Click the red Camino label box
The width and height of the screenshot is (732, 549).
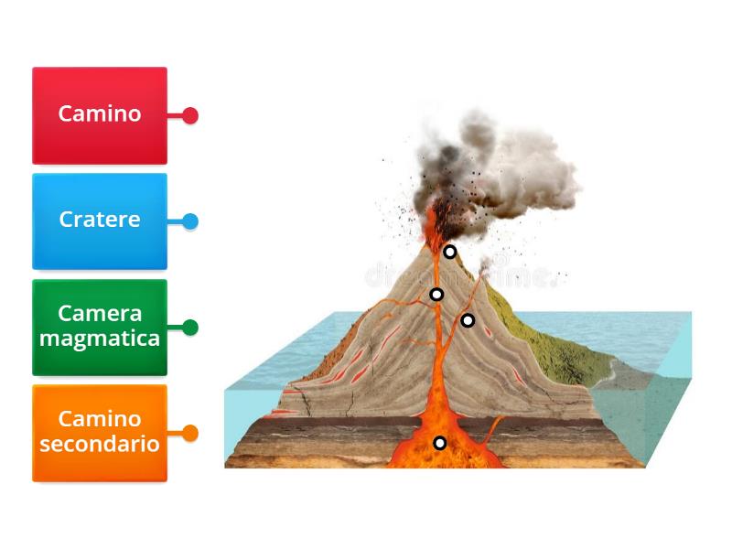pyautogui.click(x=100, y=115)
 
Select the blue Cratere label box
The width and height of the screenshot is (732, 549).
pyautogui.click(x=100, y=221)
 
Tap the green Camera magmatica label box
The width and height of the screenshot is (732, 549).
pyautogui.click(x=100, y=327)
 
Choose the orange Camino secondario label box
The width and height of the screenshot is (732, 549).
pyautogui.click(x=100, y=433)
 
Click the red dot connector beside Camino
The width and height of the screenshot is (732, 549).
pyautogui.click(x=190, y=115)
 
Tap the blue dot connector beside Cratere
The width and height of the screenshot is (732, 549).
pyautogui.click(x=190, y=221)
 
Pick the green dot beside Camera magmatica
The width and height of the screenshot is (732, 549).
pyautogui.click(x=190, y=327)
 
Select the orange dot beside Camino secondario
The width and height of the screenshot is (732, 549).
pyautogui.click(x=190, y=433)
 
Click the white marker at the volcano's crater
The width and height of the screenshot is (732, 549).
pyautogui.click(x=450, y=252)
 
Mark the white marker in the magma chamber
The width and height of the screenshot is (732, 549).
pyautogui.click(x=440, y=443)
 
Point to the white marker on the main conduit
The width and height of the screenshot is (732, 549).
pyautogui.click(x=437, y=295)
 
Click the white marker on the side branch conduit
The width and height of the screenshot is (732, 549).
pyautogui.click(x=468, y=320)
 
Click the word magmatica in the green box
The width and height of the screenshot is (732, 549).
pyautogui.click(x=100, y=339)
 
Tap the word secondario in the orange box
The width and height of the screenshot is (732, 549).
pyautogui.click(x=100, y=445)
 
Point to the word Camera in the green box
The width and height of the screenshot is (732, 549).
pyautogui.click(x=100, y=314)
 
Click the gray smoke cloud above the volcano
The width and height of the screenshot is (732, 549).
pyautogui.click(x=512, y=165)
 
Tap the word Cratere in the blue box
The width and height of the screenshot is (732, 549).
pyautogui.click(x=100, y=220)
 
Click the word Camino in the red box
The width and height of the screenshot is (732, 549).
pyautogui.click(x=100, y=113)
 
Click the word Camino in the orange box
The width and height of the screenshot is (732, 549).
pyautogui.click(x=100, y=419)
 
